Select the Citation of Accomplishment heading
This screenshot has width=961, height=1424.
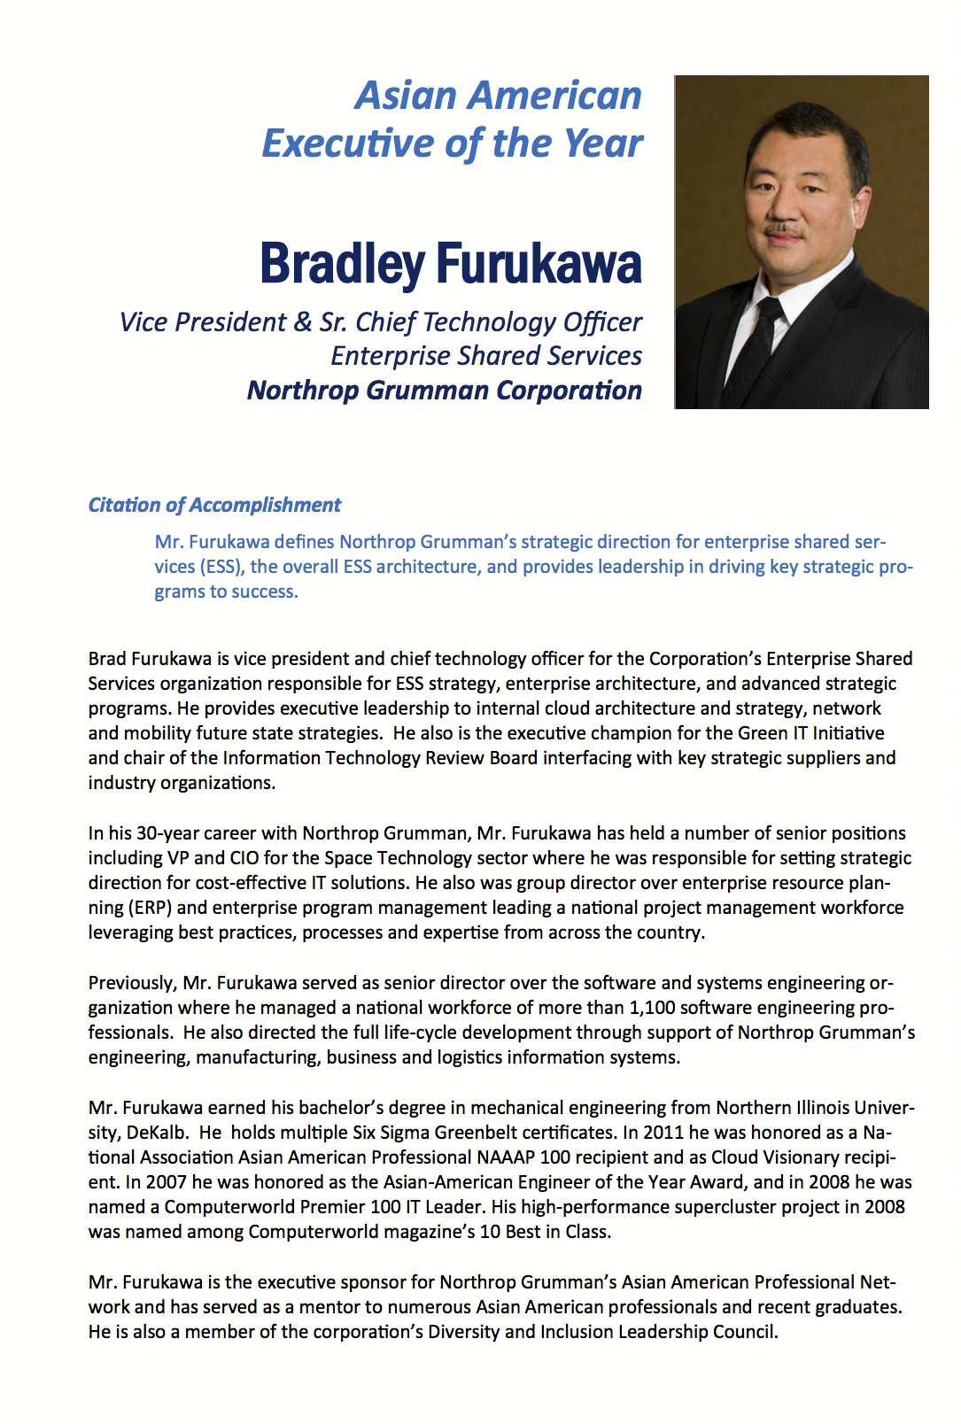(x=214, y=505)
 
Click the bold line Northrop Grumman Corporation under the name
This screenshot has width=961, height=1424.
(x=445, y=391)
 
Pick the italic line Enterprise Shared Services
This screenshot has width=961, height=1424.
(x=486, y=356)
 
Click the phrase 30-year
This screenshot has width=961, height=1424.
(x=167, y=833)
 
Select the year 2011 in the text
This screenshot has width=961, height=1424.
(x=663, y=1133)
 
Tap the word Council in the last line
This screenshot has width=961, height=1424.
(x=745, y=1332)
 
